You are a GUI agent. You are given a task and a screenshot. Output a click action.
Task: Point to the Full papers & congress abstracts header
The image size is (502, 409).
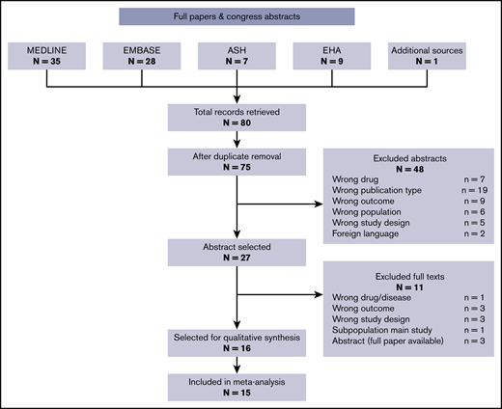coord(237,16)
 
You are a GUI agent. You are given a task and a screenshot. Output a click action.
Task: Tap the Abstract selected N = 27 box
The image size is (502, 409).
coord(237,253)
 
